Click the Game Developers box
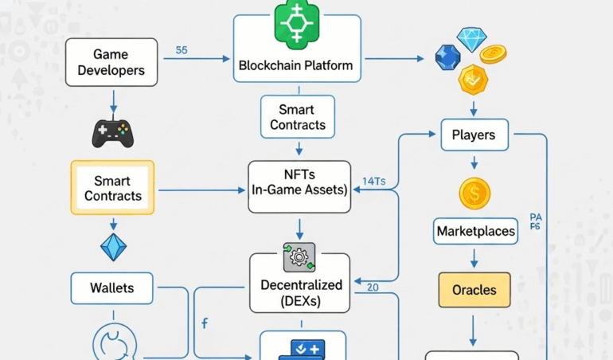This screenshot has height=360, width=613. pos(111,62)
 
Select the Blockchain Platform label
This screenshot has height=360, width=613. pos(295,65)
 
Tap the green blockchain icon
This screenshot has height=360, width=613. pos(296,23)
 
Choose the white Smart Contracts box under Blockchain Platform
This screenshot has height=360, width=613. pos(298,117)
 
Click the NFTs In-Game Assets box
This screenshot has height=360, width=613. pos(299,186)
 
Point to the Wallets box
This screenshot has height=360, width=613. pos(112,288)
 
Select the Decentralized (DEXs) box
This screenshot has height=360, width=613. pos(301,292)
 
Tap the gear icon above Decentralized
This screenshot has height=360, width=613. pos(299,257)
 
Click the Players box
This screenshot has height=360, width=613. pos(474,135)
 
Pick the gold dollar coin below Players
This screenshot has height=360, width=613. pos(474,193)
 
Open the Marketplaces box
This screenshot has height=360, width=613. pos(475,232)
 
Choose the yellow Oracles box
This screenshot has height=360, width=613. pos(474,290)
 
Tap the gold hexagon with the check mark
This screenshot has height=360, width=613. pos(473,79)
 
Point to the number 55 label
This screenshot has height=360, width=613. pos(182,50)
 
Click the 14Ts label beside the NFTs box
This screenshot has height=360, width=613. pos(373,182)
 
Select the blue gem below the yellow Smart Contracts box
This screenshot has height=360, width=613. pos(113,248)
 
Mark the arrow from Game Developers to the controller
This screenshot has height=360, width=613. pos(113,100)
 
